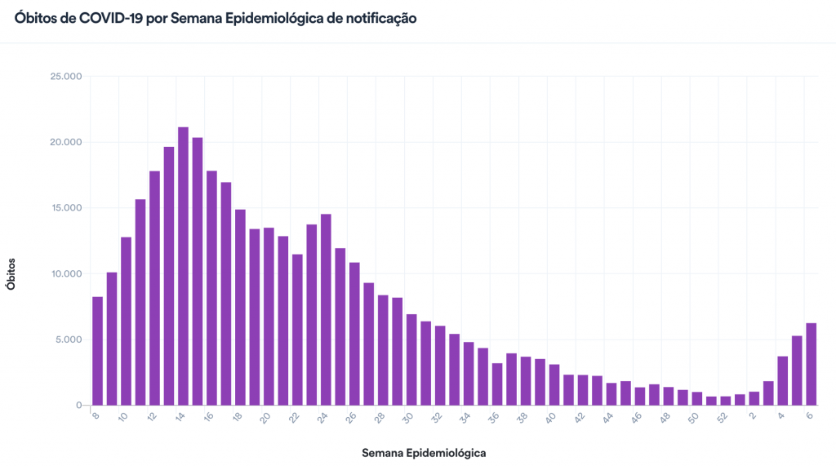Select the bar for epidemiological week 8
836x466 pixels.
[97, 351]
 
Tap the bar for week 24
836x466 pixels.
[326, 309]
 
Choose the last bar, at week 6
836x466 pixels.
[812, 364]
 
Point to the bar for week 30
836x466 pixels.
[411, 360]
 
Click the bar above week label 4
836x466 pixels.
[783, 380]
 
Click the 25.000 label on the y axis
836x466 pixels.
[67, 77]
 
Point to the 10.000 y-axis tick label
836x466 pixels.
[67, 273]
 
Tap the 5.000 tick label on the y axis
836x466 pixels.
[69, 340]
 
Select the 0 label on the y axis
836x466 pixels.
[79, 406]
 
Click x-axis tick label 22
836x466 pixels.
[294, 417]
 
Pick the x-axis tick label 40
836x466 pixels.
[552, 417]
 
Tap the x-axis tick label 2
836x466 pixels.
[753, 415]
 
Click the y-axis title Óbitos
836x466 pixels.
[11, 273]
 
